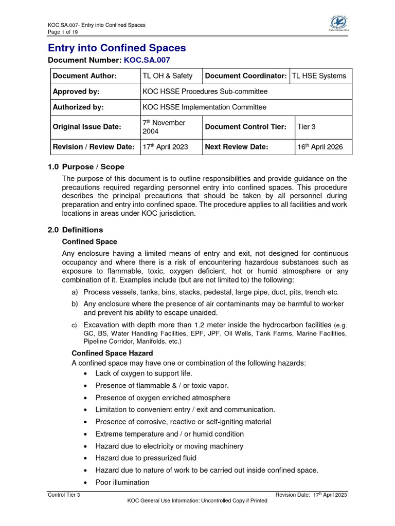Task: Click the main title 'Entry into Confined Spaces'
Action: coord(117,48)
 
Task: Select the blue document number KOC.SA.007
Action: coord(146,61)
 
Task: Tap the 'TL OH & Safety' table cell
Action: coord(168,76)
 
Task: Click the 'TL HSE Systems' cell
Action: coord(319,76)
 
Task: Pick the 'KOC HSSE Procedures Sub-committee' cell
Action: coord(206,91)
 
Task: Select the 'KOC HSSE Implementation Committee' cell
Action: coord(205,107)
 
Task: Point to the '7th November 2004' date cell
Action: coord(164,127)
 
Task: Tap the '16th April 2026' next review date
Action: coord(319,147)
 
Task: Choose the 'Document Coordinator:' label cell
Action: coord(245,76)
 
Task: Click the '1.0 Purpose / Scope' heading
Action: coord(86,167)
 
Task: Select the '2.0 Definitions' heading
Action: coord(75,230)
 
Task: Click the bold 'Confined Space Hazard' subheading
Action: coord(112,353)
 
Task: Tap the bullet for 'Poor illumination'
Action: coord(85,483)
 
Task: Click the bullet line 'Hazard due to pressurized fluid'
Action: coord(146,458)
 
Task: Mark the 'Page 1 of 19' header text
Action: coord(63,32)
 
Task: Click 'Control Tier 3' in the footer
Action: coord(63,495)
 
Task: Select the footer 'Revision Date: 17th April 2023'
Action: coord(311,495)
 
